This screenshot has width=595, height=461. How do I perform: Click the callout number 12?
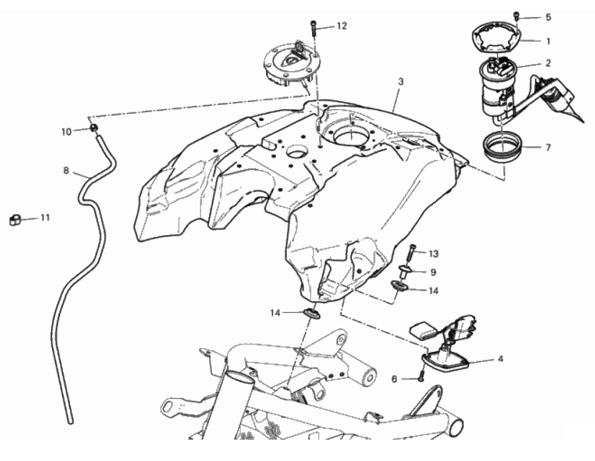[342, 26]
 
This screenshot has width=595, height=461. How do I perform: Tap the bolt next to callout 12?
[314, 28]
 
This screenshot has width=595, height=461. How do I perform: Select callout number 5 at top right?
[547, 17]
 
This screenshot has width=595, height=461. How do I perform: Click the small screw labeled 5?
[516, 16]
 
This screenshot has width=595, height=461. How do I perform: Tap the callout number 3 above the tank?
[401, 81]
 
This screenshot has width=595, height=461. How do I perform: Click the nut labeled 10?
[94, 128]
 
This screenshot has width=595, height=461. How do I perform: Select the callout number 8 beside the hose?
[66, 170]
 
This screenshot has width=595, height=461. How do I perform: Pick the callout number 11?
[45, 218]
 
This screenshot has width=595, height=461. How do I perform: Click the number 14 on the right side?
[434, 291]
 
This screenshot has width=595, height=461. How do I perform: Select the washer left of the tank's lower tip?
[311, 313]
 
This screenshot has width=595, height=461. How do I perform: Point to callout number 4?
[500, 358]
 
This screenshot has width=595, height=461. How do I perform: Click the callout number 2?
[547, 63]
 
